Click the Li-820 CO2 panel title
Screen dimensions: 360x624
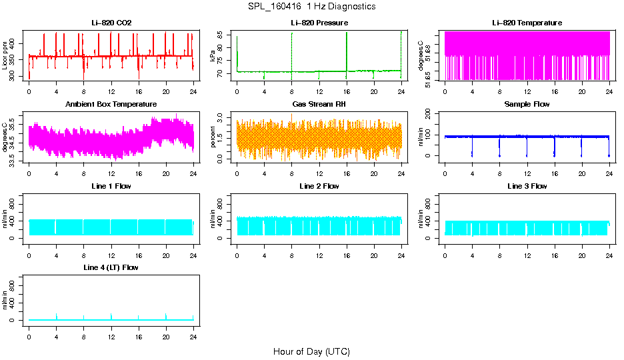[111, 23]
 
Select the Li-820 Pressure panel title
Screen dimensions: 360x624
[319, 23]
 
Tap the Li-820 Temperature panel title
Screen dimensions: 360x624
[527, 23]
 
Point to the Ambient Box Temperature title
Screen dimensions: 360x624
[111, 104]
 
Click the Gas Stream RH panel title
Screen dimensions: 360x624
[319, 104]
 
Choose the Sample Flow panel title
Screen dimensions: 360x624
[527, 104]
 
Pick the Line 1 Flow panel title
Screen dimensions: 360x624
[111, 186]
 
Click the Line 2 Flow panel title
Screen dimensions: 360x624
[319, 186]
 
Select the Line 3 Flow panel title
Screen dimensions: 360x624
[527, 186]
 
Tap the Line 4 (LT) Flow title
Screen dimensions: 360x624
[111, 267]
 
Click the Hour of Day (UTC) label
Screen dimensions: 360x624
[311, 351]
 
